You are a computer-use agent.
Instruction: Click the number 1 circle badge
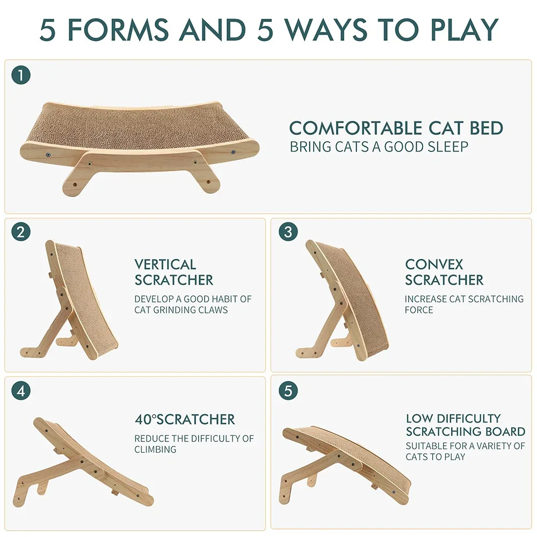(x=21, y=76)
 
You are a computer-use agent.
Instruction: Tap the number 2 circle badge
(x=21, y=233)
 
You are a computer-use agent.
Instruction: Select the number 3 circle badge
(x=288, y=233)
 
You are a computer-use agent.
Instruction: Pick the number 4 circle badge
(x=21, y=390)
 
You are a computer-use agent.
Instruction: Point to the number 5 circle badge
(x=288, y=391)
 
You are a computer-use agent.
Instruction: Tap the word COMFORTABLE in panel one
(x=355, y=128)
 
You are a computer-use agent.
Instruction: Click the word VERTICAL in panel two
(x=165, y=265)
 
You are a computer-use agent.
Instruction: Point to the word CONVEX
(x=434, y=265)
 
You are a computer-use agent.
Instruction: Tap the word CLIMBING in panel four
(x=155, y=449)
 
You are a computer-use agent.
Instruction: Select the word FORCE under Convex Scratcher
(x=419, y=310)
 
